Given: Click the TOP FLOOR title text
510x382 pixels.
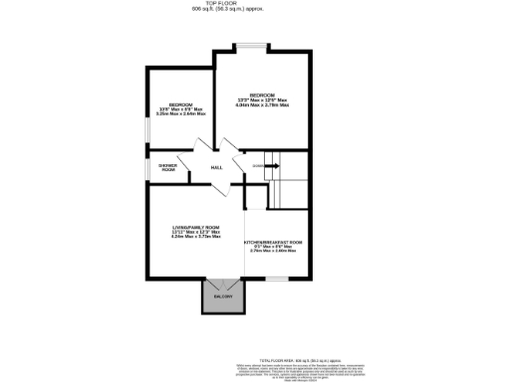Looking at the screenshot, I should click(x=254, y=4).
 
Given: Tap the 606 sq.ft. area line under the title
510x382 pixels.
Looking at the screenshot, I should click(x=254, y=10).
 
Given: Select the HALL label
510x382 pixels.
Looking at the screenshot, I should click(x=216, y=167).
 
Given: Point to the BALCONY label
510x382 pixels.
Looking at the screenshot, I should click(x=222, y=296).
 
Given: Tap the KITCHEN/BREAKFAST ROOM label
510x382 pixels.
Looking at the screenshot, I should click(x=274, y=243).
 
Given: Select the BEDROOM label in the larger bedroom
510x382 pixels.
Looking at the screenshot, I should click(x=262, y=95).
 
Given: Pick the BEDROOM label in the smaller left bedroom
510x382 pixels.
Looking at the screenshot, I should click(x=179, y=104).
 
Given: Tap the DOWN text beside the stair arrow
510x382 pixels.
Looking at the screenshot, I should click(x=257, y=166).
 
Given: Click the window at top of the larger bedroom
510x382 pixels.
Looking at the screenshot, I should click(x=250, y=46).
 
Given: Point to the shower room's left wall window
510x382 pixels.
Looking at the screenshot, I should click(x=147, y=166).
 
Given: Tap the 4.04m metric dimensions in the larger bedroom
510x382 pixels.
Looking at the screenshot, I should click(x=262, y=105).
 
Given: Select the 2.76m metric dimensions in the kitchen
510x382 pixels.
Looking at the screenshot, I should click(x=274, y=252).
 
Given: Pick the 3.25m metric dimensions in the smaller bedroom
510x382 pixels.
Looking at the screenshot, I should click(x=179, y=114).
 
